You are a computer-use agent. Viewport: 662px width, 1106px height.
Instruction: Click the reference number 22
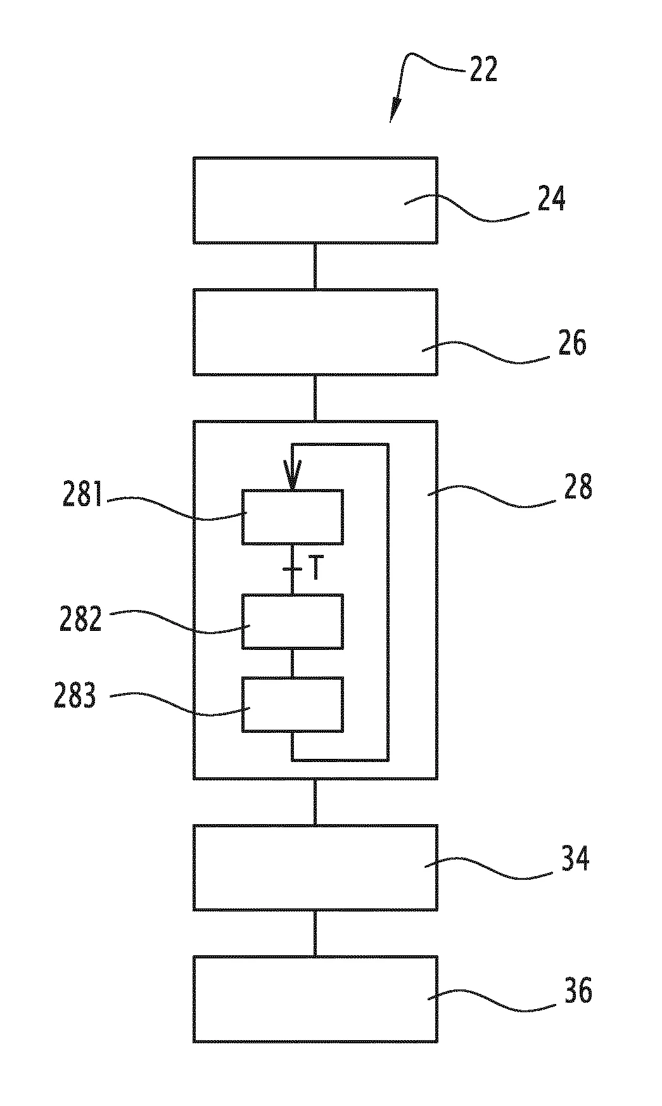483,70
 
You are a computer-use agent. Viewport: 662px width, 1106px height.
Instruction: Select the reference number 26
573,343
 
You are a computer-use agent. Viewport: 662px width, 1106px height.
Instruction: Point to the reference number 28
578,488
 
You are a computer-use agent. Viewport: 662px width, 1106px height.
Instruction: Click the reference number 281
82,495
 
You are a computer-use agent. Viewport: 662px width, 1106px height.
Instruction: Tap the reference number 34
575,859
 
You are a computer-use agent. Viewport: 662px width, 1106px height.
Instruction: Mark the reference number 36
578,991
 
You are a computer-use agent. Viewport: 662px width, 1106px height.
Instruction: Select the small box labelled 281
293,517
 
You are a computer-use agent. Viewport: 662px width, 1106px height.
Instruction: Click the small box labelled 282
293,621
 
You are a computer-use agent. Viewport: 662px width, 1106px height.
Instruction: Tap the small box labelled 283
293,704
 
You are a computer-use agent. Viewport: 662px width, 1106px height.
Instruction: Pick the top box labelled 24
315,200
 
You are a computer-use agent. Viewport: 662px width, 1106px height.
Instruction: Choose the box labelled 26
315,332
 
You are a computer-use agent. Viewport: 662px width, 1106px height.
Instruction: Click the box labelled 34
315,868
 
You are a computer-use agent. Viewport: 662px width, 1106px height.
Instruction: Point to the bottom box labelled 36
315,1000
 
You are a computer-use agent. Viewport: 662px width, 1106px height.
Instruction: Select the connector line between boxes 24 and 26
315,266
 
